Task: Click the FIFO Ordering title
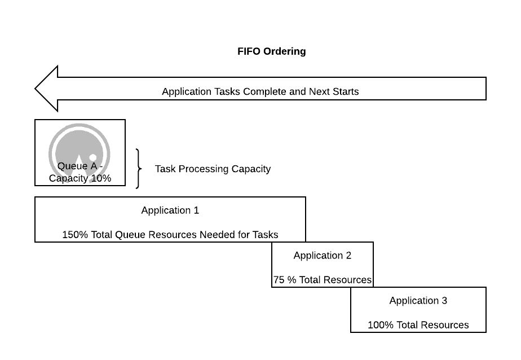click(x=271, y=51)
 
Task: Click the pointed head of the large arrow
click(x=35, y=89)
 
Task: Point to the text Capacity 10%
click(x=80, y=178)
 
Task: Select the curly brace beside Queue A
click(x=139, y=169)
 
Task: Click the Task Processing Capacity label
click(x=213, y=169)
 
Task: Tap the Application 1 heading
click(x=170, y=210)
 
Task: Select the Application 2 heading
click(x=323, y=255)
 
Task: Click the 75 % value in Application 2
click(x=285, y=280)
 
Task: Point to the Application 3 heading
click(x=418, y=301)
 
